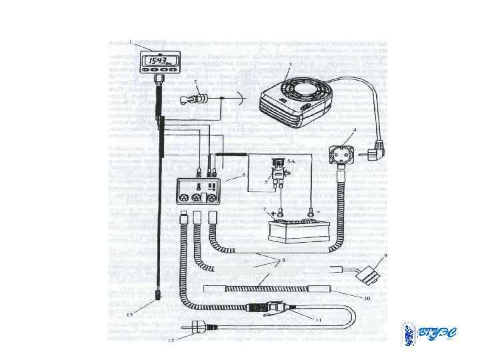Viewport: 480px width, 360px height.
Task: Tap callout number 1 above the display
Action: [x=131, y=41]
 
